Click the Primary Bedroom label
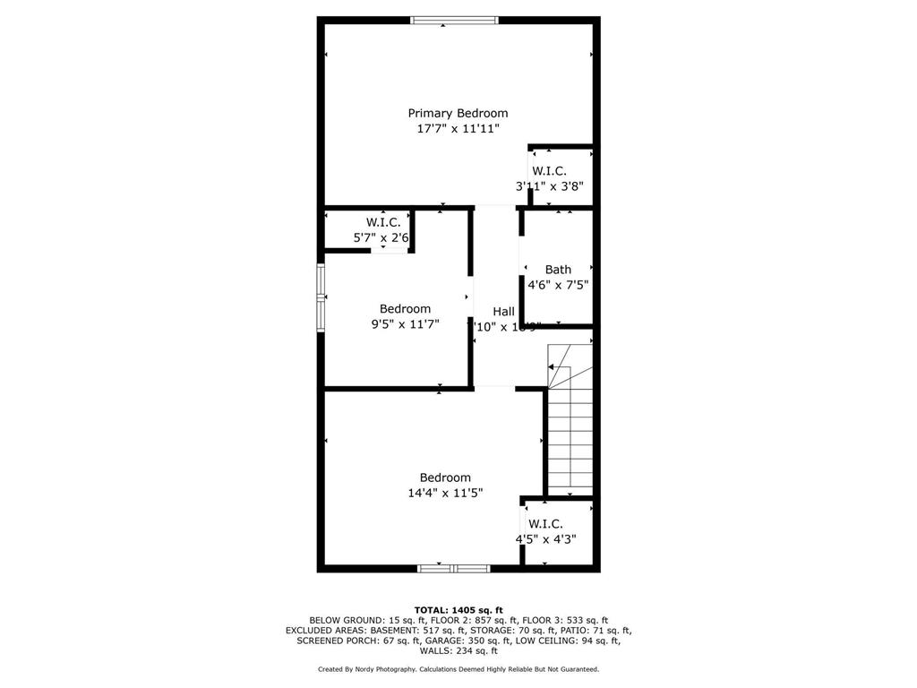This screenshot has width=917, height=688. point(458,113)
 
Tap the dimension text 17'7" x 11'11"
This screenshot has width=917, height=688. point(458,129)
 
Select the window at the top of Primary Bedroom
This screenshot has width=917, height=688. point(454,20)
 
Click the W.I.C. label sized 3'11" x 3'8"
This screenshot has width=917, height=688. point(549,170)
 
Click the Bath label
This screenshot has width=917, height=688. point(558,269)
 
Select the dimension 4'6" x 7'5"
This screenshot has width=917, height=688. point(558,285)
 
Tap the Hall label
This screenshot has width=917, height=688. point(503,311)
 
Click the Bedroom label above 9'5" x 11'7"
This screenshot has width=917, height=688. point(405,309)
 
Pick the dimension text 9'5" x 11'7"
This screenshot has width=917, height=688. point(405,325)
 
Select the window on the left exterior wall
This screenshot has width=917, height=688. point(321,298)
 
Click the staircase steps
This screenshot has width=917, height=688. point(570,439)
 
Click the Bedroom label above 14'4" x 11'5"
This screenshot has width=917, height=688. point(445,477)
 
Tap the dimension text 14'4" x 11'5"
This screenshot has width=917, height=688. point(445,493)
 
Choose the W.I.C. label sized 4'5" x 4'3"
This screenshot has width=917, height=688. point(545,523)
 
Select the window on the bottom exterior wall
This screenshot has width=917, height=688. point(454,568)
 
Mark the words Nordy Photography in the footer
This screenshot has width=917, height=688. point(381,669)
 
